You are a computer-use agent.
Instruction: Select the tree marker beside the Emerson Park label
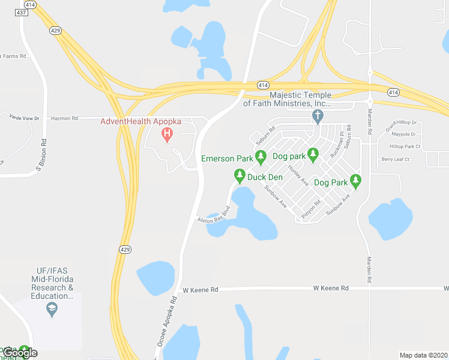tap(261, 158)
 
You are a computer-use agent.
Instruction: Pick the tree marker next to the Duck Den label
tap(240, 176)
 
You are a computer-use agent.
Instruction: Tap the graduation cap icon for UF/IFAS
tap(52, 310)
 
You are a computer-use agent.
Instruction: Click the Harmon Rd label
tap(64, 118)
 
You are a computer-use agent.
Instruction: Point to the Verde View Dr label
tap(25, 118)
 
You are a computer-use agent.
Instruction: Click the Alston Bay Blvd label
tap(214, 216)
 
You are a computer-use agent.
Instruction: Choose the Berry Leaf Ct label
tap(396, 160)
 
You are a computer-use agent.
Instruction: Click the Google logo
tap(19, 353)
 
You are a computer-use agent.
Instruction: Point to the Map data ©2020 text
tap(423, 355)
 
